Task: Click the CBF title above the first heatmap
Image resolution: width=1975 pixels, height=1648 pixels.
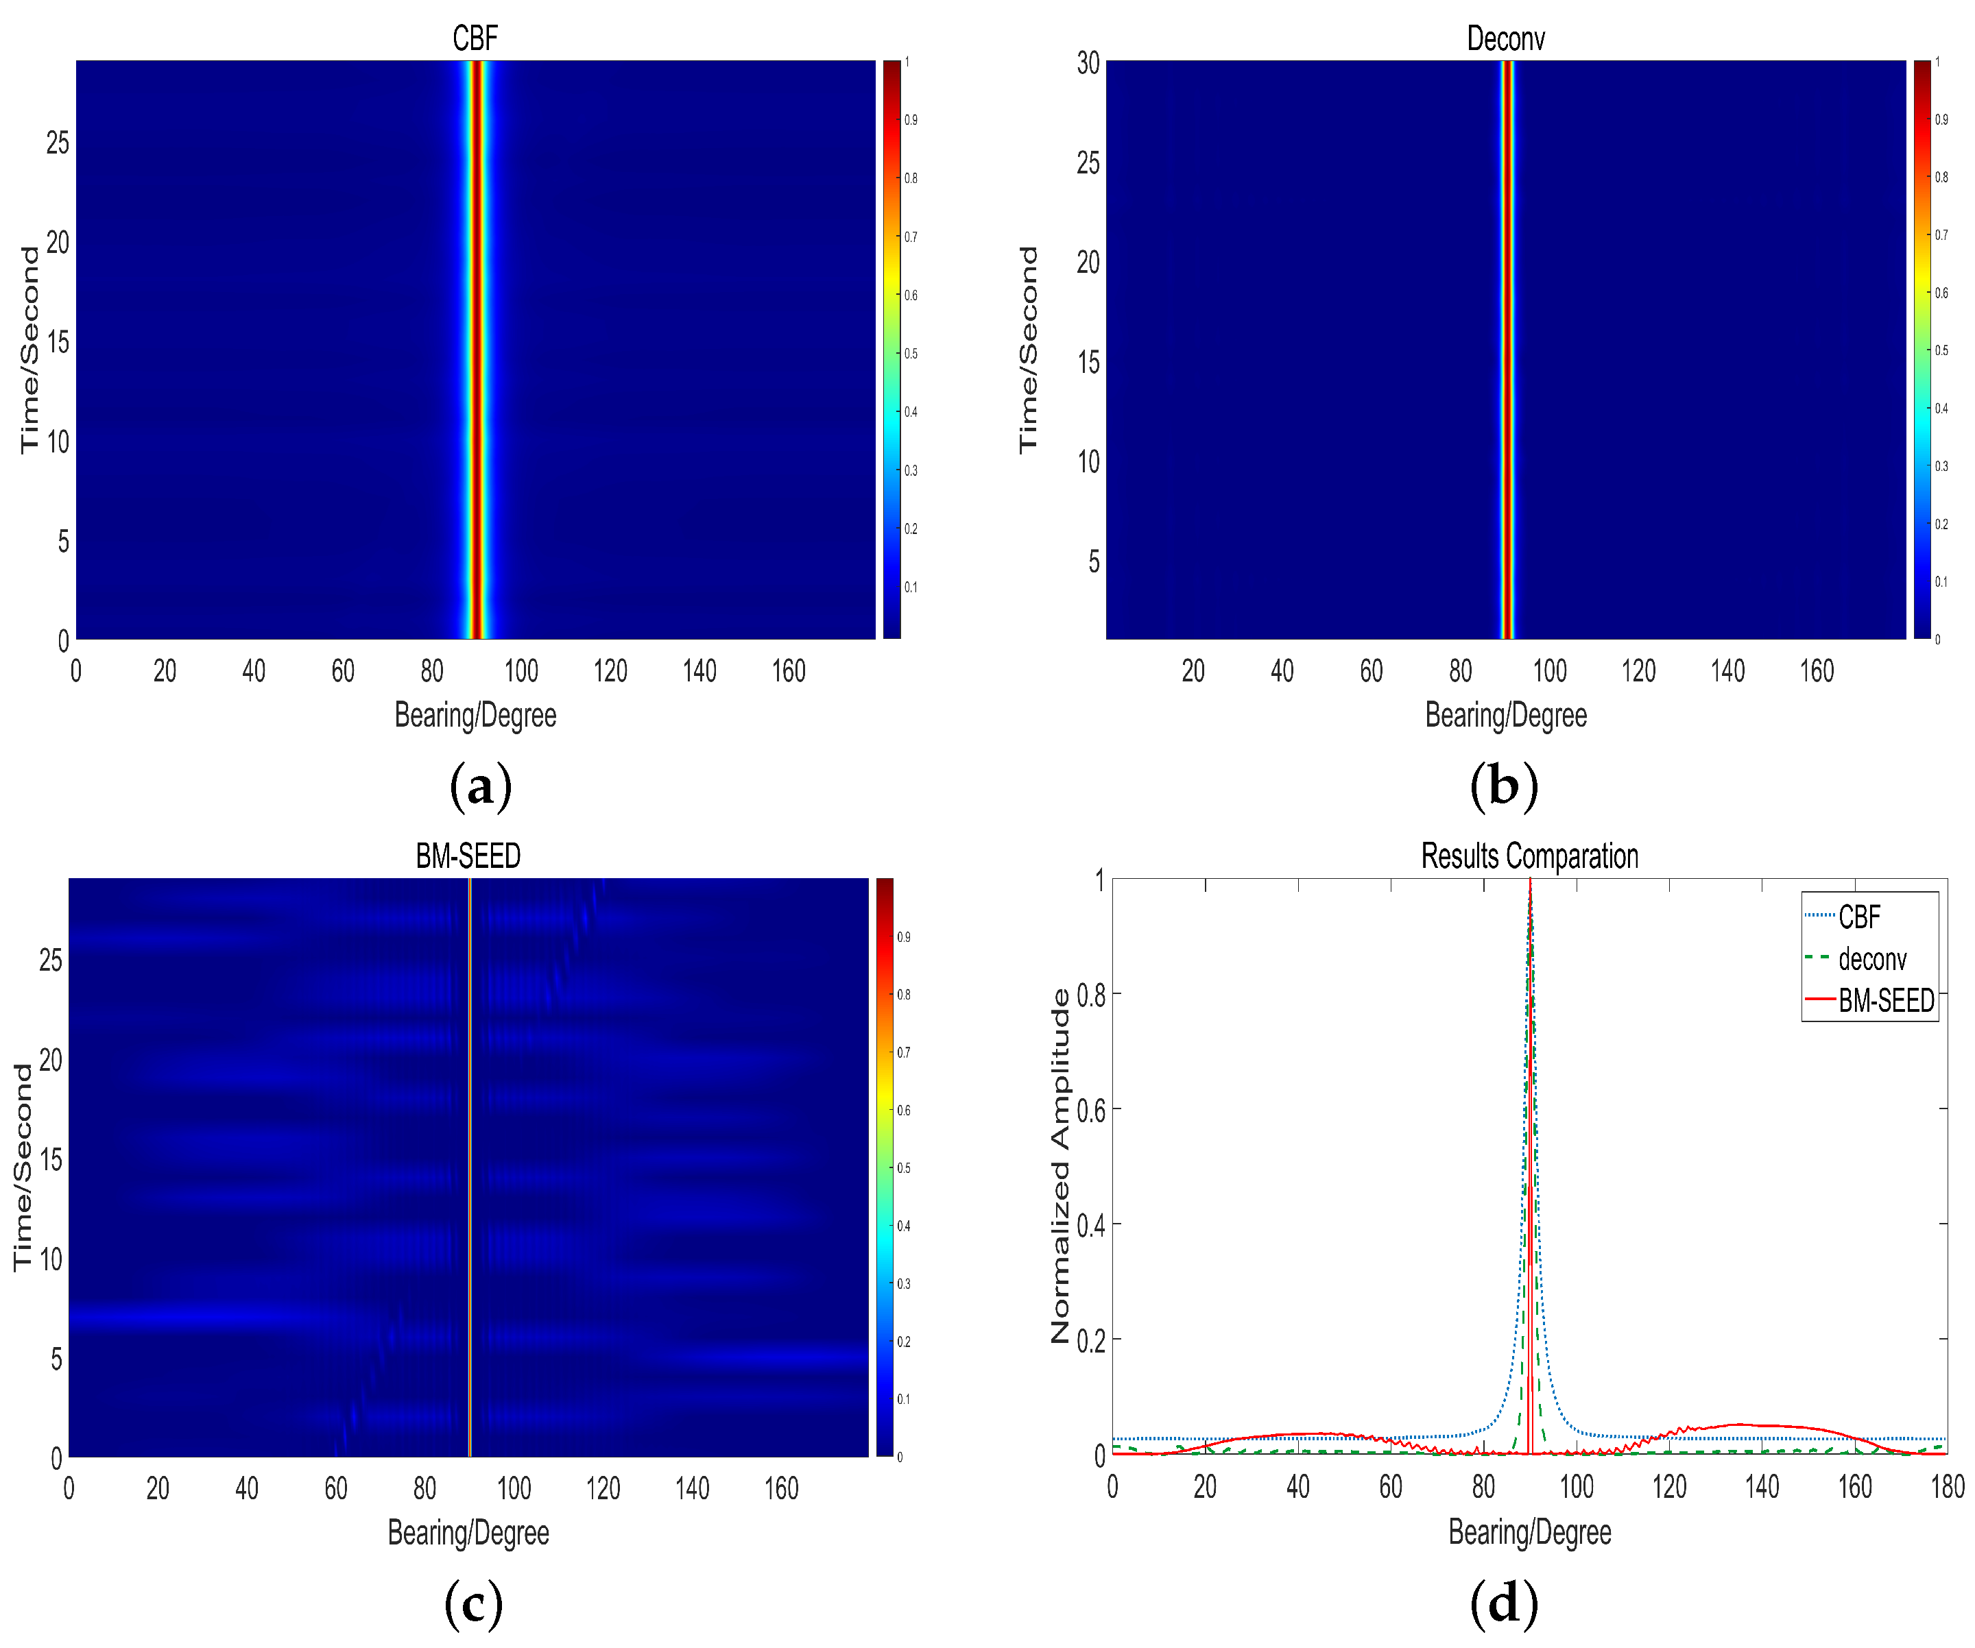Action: [x=475, y=38]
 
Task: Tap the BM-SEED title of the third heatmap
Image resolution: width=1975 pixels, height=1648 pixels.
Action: [x=468, y=856]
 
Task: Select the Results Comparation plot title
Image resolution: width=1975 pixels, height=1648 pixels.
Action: [x=1529, y=856]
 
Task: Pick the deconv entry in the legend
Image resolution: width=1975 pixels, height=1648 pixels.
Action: [x=1871, y=959]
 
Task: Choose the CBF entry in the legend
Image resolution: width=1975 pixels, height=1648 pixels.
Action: [x=1858, y=917]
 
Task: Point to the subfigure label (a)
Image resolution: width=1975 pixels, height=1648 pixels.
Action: [x=481, y=786]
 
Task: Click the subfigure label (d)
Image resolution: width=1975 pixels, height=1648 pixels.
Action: [x=1503, y=1603]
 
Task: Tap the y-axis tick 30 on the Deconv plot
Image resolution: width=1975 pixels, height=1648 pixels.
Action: [x=1088, y=63]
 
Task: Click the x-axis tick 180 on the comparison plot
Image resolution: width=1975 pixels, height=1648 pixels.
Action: [x=1947, y=1487]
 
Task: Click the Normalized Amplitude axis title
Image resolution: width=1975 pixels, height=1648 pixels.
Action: [x=1060, y=1165]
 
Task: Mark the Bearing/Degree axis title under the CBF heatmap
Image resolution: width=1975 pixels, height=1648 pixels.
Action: [x=475, y=716]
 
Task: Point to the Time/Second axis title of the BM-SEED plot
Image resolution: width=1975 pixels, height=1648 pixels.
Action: [x=23, y=1167]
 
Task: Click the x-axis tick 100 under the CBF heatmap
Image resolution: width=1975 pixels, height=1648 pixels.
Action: [x=521, y=671]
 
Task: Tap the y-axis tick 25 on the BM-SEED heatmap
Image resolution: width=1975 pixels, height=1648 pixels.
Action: [x=51, y=960]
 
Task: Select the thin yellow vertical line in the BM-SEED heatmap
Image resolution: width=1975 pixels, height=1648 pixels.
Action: [x=469, y=1165]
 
